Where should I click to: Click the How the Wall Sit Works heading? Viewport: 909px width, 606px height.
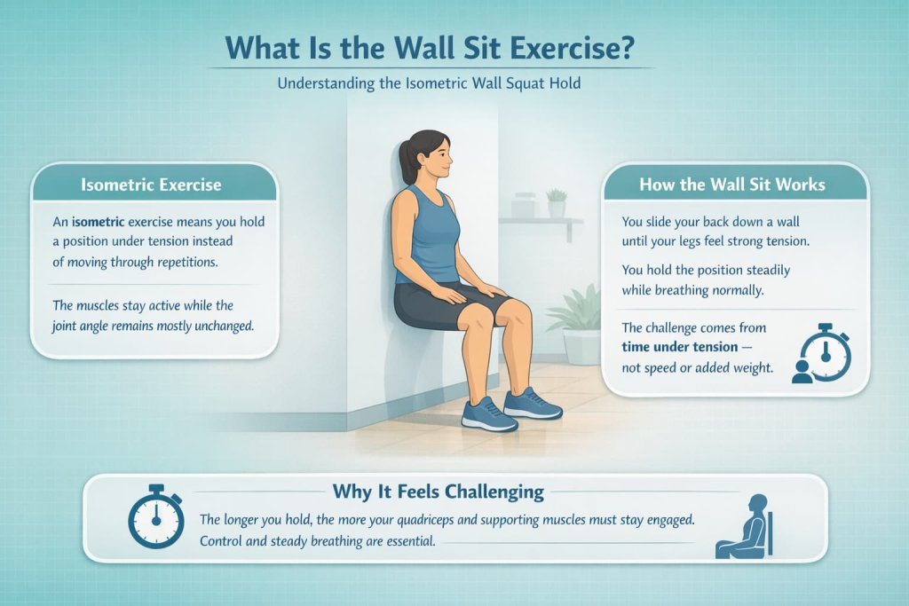(732, 185)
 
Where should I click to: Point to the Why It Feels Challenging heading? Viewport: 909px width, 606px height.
(438, 491)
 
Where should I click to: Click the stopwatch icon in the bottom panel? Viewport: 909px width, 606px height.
(155, 517)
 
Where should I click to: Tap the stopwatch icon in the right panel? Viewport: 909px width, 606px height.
(825, 354)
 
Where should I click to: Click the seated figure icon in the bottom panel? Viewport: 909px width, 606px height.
(747, 528)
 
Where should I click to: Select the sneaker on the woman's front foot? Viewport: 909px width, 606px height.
(489, 413)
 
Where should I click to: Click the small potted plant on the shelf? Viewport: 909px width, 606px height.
(557, 202)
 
